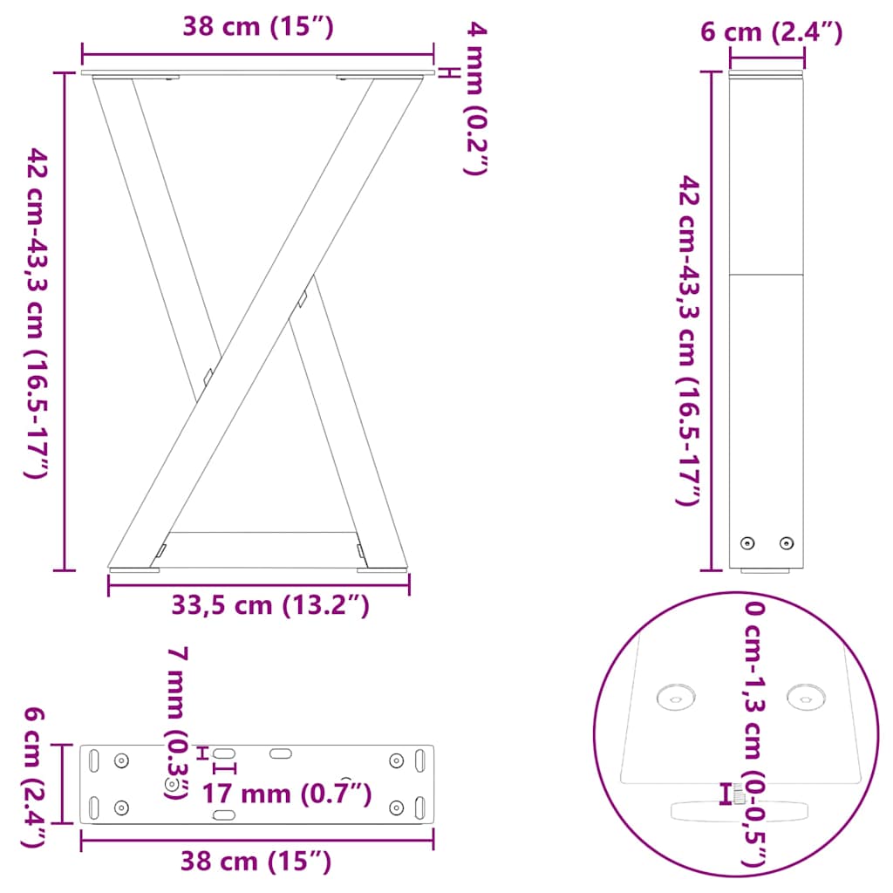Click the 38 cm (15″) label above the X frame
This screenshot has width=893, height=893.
click(258, 27)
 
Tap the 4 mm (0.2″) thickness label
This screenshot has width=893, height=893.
click(475, 99)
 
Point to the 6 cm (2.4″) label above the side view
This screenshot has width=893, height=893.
click(772, 33)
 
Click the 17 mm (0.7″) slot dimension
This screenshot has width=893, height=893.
click(287, 794)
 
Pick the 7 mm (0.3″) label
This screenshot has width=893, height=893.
click(178, 723)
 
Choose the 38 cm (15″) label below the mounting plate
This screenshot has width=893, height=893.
click(256, 862)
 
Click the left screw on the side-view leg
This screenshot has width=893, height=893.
click(747, 543)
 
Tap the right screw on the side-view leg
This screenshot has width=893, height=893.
click(787, 543)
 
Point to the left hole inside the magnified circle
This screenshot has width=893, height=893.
click(675, 697)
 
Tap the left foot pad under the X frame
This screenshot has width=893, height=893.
click(135, 569)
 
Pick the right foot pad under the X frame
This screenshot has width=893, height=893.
click(381, 569)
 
